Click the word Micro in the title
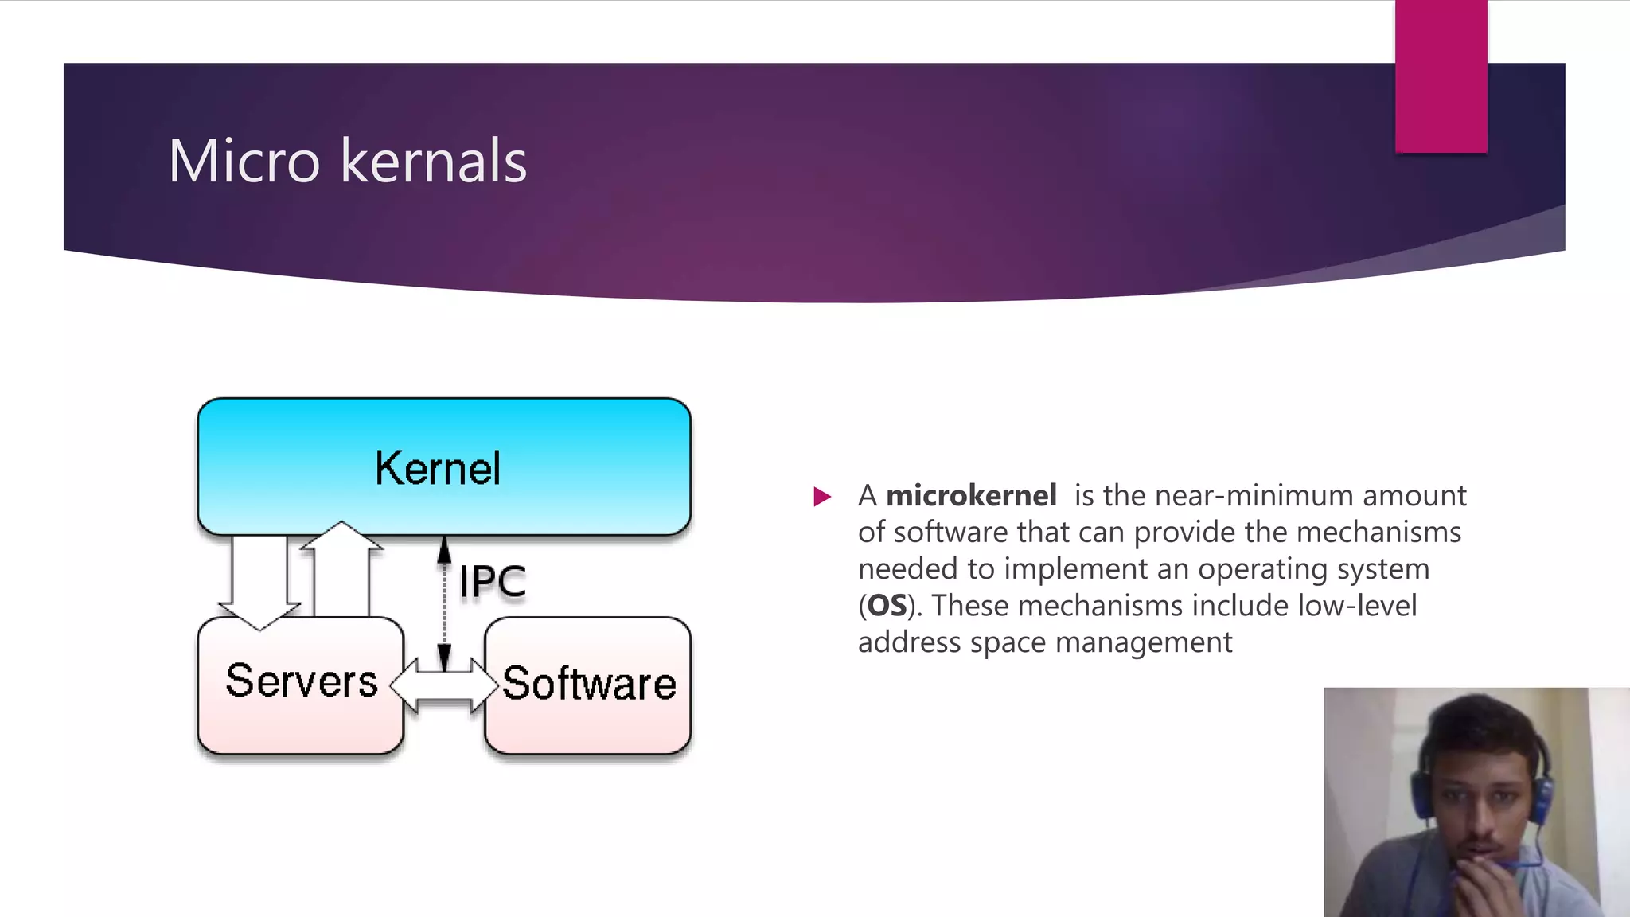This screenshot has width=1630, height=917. tap(244, 162)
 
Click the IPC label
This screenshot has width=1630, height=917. tap(493, 581)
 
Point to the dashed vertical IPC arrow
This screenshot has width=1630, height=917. tap(444, 605)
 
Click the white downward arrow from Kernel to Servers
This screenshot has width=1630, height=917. tap(259, 581)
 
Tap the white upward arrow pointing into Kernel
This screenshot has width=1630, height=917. tap(341, 569)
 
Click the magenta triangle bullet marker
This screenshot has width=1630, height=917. tap(822, 498)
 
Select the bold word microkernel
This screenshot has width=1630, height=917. tap(971, 496)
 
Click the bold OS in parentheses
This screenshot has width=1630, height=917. tap(887, 606)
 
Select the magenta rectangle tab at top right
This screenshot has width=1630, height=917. tap(1441, 76)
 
